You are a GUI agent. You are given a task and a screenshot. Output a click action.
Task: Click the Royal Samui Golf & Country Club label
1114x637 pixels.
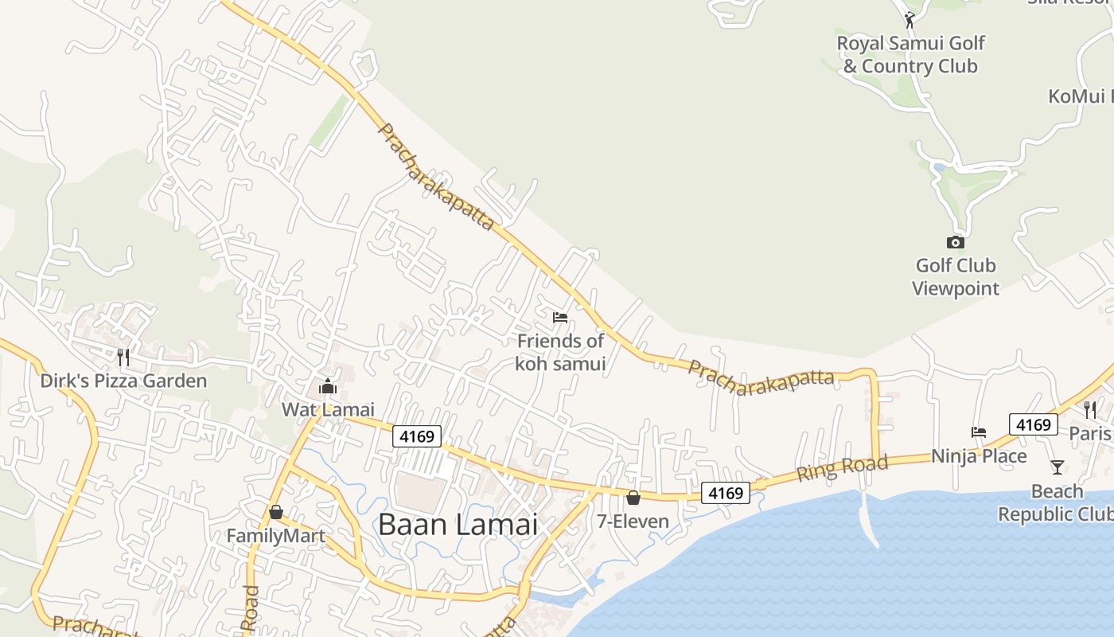coord(910,54)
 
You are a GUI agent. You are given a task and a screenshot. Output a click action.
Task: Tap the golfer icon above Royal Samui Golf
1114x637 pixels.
coord(910,19)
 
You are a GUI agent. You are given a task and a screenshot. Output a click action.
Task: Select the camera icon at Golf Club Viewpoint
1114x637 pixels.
coord(955,242)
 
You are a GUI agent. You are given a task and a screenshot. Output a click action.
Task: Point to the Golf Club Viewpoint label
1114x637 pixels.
coord(955,276)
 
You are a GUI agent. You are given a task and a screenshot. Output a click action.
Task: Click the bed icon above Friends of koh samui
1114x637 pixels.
coord(560,317)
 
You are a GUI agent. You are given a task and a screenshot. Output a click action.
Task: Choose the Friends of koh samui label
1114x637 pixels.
coord(560,352)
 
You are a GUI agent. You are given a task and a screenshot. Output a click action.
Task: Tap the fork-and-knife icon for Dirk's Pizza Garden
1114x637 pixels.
coord(123,356)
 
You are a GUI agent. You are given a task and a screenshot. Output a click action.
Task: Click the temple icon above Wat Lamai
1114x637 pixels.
coord(327,387)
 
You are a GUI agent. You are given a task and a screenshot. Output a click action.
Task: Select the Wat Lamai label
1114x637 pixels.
coord(328,409)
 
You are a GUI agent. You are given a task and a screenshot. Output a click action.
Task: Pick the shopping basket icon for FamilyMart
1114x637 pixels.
coord(275,511)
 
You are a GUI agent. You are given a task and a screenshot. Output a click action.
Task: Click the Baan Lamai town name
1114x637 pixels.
coord(458,525)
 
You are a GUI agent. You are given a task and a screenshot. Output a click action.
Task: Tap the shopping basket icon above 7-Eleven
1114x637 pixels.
coord(633,498)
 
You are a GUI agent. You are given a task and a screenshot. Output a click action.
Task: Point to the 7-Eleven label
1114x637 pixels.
coord(633,522)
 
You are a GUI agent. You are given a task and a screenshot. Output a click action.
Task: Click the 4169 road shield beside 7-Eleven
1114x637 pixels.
coord(726,493)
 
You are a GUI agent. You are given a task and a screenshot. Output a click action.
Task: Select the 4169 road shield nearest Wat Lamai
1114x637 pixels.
coord(417,436)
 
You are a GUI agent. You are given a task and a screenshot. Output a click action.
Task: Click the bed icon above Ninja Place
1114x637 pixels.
coord(979,432)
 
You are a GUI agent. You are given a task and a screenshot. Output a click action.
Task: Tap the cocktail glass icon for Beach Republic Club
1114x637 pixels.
coord(1057,467)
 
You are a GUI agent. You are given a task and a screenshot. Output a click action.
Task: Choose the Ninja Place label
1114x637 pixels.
coord(979,456)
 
